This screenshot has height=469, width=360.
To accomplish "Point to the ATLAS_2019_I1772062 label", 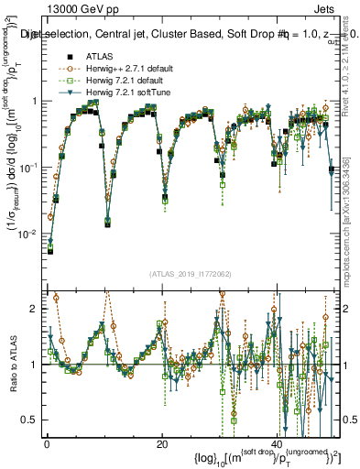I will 190,274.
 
